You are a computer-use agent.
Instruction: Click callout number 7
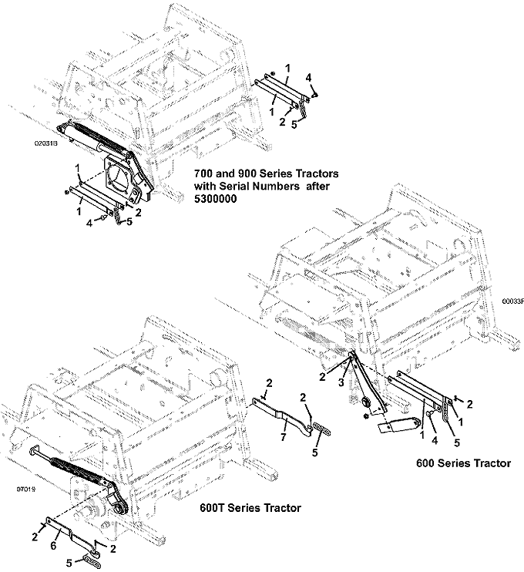(x=283, y=436)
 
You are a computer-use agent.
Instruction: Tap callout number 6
(x=53, y=545)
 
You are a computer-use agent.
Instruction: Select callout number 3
(x=341, y=382)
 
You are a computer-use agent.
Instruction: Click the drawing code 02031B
(x=46, y=143)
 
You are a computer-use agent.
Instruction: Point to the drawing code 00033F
(x=512, y=301)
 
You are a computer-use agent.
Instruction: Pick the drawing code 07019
(x=26, y=489)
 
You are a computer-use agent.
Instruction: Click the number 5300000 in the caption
(x=215, y=199)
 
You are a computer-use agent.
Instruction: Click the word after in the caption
(x=317, y=186)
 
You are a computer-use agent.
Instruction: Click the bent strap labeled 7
(x=281, y=416)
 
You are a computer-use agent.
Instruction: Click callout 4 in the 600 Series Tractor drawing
(x=435, y=441)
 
